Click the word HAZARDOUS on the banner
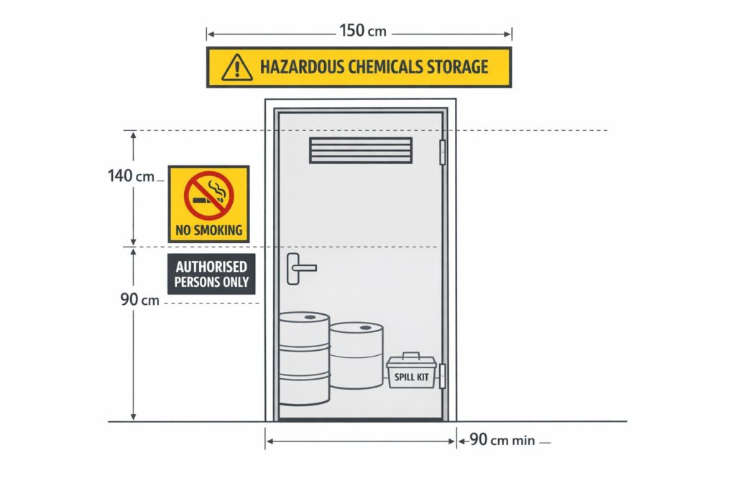click(297, 68)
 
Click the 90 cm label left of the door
click(139, 299)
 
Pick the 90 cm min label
click(502, 441)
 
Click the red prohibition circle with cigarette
click(208, 194)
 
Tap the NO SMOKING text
click(208, 231)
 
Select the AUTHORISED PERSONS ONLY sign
click(211, 274)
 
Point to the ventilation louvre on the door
click(361, 150)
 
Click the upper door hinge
click(443, 152)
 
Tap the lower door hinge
click(443, 376)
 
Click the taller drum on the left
click(303, 359)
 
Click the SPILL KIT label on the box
click(411, 377)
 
